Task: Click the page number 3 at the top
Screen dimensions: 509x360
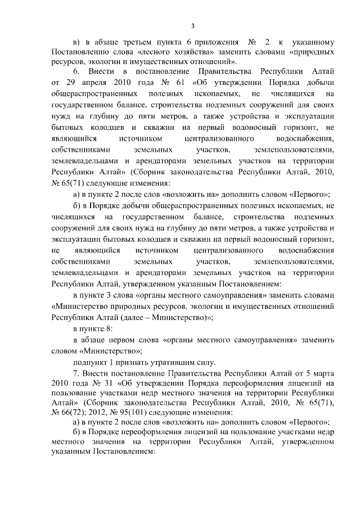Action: click(x=192, y=26)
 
